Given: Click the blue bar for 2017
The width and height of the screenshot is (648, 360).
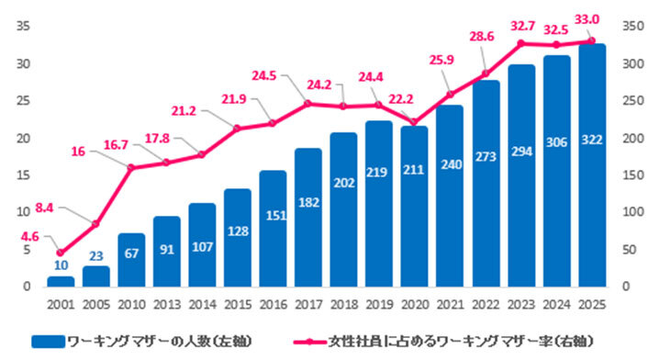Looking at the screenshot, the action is click(x=308, y=218).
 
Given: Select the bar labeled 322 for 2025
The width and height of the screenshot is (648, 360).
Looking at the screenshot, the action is click(x=592, y=165).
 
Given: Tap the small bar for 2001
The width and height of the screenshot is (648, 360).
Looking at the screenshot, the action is click(x=61, y=281).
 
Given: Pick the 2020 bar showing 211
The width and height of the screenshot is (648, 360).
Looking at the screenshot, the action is click(x=414, y=207).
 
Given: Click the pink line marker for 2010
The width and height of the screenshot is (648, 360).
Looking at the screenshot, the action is click(x=131, y=167).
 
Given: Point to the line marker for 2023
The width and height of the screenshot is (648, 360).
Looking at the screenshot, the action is click(x=521, y=43).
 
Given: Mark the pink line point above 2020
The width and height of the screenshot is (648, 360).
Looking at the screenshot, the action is click(x=414, y=122).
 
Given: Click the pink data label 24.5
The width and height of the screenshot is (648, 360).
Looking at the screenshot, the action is click(x=264, y=76).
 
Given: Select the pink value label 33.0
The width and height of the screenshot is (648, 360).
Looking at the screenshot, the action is click(x=587, y=19).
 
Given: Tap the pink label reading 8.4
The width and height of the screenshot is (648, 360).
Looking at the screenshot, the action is click(x=44, y=208).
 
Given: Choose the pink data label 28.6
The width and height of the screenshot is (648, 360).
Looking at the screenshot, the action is click(x=482, y=37).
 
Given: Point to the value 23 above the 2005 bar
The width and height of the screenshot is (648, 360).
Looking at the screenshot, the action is click(x=95, y=256).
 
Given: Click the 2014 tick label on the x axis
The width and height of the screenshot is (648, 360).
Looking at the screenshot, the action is click(x=203, y=305).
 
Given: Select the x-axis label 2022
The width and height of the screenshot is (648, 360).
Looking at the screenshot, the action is click(x=486, y=305).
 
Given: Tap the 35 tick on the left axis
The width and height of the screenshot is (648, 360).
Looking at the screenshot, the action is click(x=23, y=26).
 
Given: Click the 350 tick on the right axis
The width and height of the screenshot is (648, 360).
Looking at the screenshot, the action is click(x=633, y=26).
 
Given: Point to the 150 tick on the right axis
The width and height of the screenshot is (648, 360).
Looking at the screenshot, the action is click(x=633, y=175).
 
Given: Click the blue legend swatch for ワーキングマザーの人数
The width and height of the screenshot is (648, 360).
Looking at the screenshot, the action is click(x=49, y=342).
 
